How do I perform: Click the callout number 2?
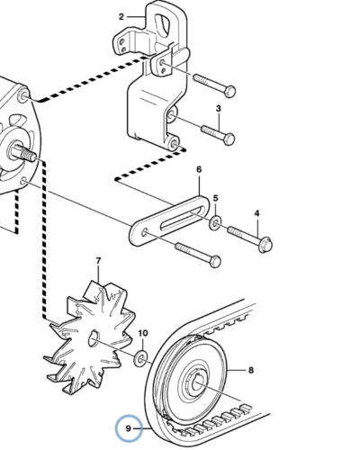pos(121,17)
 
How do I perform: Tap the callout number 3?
pos(219,109)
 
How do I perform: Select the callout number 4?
pos(256,213)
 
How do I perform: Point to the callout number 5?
pos(216,198)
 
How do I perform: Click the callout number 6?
pos(199,169)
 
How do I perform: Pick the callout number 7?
pos(99,261)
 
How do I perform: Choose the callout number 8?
pos(251,370)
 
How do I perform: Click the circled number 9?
pos(129,428)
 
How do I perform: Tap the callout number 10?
pos(143,333)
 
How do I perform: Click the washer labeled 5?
pos(215,223)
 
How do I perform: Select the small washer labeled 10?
pos(140,357)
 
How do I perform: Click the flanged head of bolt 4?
pos(265,245)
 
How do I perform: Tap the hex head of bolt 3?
pos(229,139)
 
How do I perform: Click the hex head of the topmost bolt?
pos(230,92)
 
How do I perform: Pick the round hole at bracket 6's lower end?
pos(145,232)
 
